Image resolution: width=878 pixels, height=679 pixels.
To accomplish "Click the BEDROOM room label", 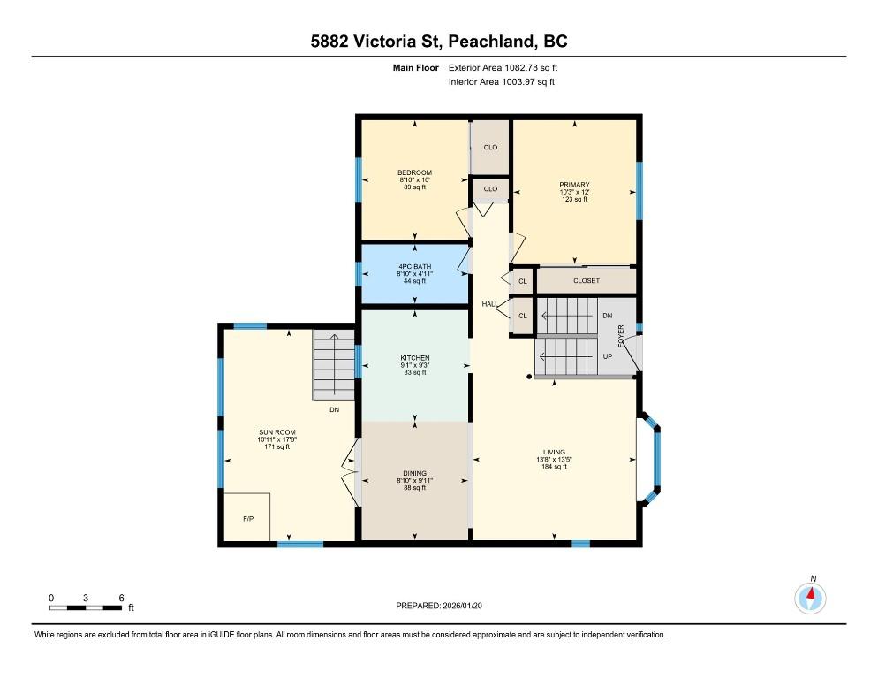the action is tap(414, 172).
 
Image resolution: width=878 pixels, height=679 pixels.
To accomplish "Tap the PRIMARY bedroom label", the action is tap(574, 185).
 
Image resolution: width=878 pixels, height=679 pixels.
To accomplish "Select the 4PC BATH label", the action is tap(415, 267).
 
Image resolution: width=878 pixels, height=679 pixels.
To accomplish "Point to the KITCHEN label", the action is tap(415, 358).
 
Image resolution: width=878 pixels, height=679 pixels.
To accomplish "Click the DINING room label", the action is tap(415, 473).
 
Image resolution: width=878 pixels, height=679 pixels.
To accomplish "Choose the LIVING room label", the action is tap(555, 452).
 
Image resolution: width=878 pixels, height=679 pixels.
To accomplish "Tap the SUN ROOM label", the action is tap(277, 432).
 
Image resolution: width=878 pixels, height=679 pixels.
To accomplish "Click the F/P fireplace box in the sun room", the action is tap(247, 517).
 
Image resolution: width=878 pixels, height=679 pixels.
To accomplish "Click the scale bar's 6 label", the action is tap(121, 598).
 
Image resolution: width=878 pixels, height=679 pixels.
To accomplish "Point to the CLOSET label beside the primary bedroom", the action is tap(587, 280).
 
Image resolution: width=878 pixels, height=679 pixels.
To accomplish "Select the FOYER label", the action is tap(620, 336).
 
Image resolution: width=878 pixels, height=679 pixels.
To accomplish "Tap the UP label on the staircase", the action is tap(608, 356).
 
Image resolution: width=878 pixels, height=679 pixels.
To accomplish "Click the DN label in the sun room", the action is tap(334, 410).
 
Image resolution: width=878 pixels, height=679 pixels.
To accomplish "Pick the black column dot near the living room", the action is tap(529, 377).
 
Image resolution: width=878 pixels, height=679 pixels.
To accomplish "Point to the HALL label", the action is tap(490, 304).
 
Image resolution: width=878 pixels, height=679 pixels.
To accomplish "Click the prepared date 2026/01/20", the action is tap(463, 606).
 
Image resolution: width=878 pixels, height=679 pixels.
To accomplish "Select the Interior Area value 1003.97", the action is tap(518, 82).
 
